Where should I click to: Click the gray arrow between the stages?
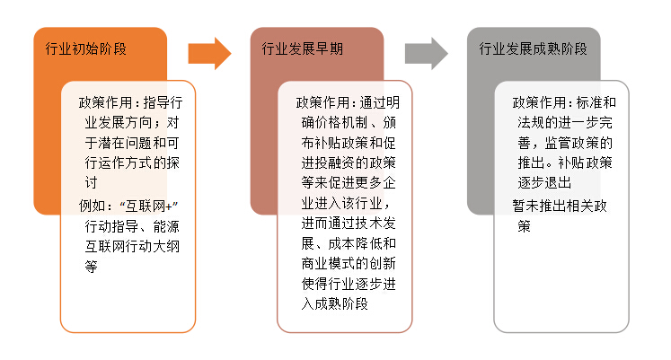click(427, 53)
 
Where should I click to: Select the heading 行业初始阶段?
click(86, 48)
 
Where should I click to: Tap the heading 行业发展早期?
click(302, 48)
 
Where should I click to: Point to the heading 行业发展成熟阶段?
click(533, 48)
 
